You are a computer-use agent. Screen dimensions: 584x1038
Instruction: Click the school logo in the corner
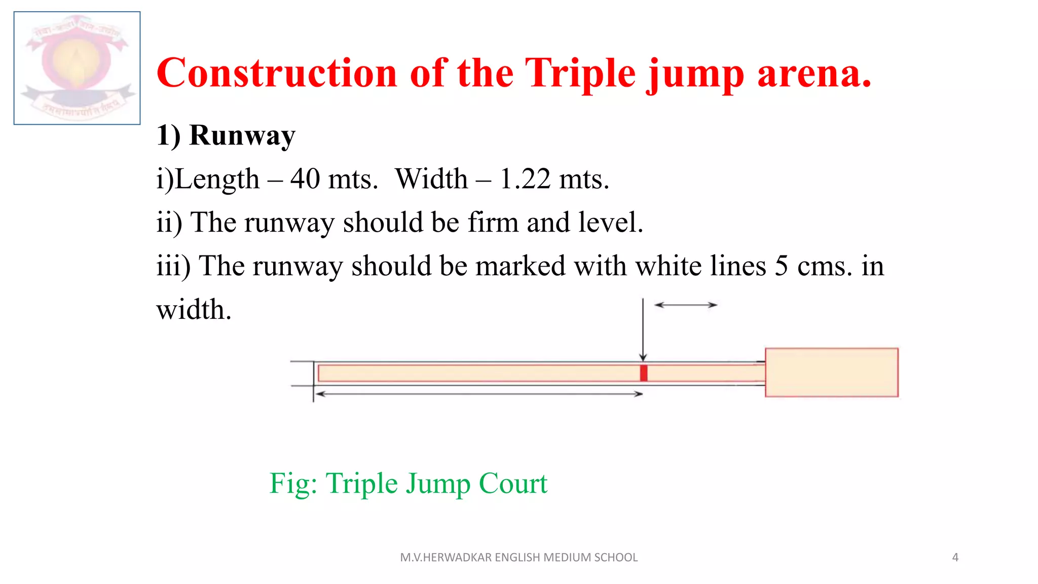tap(77, 68)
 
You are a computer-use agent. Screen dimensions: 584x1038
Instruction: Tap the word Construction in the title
tap(277, 74)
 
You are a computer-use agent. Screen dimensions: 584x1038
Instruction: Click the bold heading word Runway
tap(242, 136)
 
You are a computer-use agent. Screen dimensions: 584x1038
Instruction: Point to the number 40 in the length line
tap(305, 179)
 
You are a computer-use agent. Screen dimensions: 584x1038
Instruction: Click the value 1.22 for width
tap(525, 179)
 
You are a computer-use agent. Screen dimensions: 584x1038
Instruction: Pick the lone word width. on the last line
tap(194, 310)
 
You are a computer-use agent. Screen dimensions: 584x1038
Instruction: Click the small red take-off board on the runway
tap(644, 373)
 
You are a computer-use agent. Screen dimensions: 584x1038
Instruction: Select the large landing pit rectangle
tap(831, 373)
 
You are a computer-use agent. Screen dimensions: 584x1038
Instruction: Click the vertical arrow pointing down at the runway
tap(643, 330)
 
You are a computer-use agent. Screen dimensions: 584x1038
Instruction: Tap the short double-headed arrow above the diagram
tap(685, 305)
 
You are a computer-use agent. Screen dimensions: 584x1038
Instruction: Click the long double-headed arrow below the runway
tap(478, 394)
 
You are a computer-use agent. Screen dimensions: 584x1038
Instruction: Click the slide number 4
tap(955, 558)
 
